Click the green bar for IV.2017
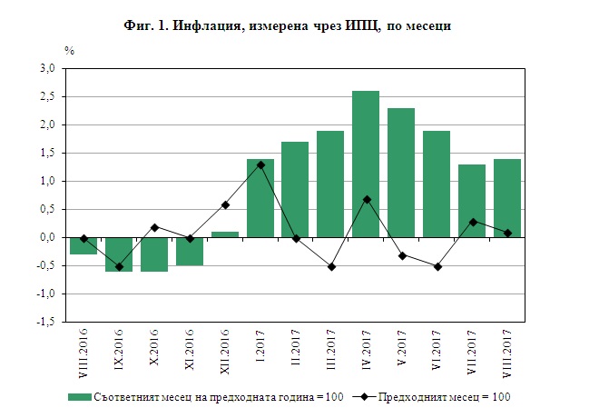tap(366, 164)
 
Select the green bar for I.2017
tap(260, 198)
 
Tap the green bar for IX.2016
tap(119, 254)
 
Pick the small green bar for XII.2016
tap(225, 234)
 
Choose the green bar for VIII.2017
tap(507, 198)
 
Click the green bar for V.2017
tap(401, 173)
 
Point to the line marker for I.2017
tap(260, 164)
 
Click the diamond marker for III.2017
tap(331, 266)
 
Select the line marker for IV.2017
tap(366, 199)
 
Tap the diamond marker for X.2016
tap(154, 227)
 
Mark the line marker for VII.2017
tap(472, 222)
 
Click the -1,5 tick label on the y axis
tap(45, 322)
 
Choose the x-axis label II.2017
tap(296, 351)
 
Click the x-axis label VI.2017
tap(437, 351)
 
